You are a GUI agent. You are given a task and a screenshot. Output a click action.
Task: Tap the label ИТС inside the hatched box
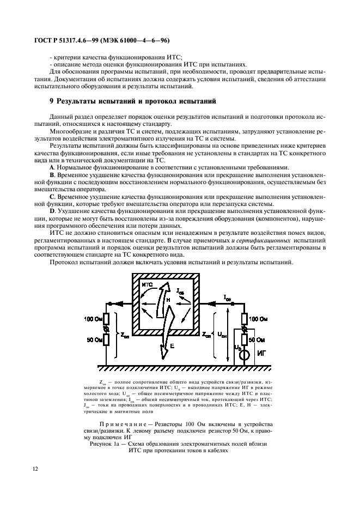click(147, 285)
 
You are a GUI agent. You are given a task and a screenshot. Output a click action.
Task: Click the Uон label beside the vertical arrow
click(222, 335)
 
